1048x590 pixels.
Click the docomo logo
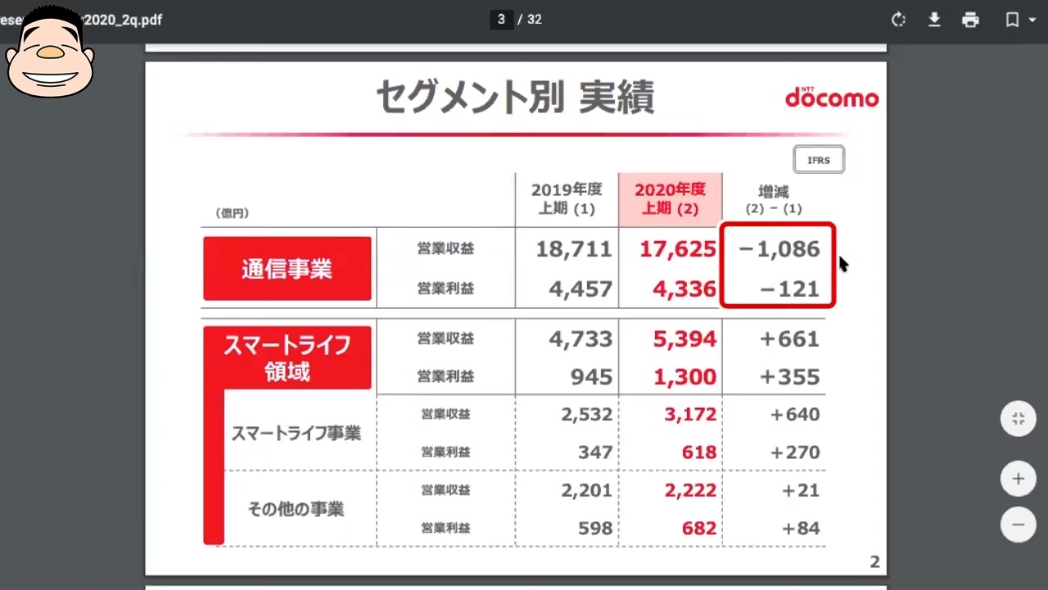pos(831,98)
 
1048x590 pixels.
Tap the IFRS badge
pos(819,160)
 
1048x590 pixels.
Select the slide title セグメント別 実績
pos(515,98)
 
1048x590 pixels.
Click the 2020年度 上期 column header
pos(670,199)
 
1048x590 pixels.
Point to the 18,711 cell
pos(574,249)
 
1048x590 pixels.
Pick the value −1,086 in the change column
pos(779,249)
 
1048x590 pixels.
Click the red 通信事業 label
pos(287,269)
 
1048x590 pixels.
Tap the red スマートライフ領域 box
pos(287,358)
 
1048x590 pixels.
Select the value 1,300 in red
pos(684,377)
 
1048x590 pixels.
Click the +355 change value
pos(789,377)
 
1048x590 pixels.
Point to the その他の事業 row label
pos(296,509)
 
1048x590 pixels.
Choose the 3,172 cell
pos(690,415)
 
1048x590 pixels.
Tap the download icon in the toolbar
pos(934,20)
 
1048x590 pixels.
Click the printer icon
pos(970,20)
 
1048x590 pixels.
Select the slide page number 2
pos(874,562)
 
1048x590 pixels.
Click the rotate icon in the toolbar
pos(898,20)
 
